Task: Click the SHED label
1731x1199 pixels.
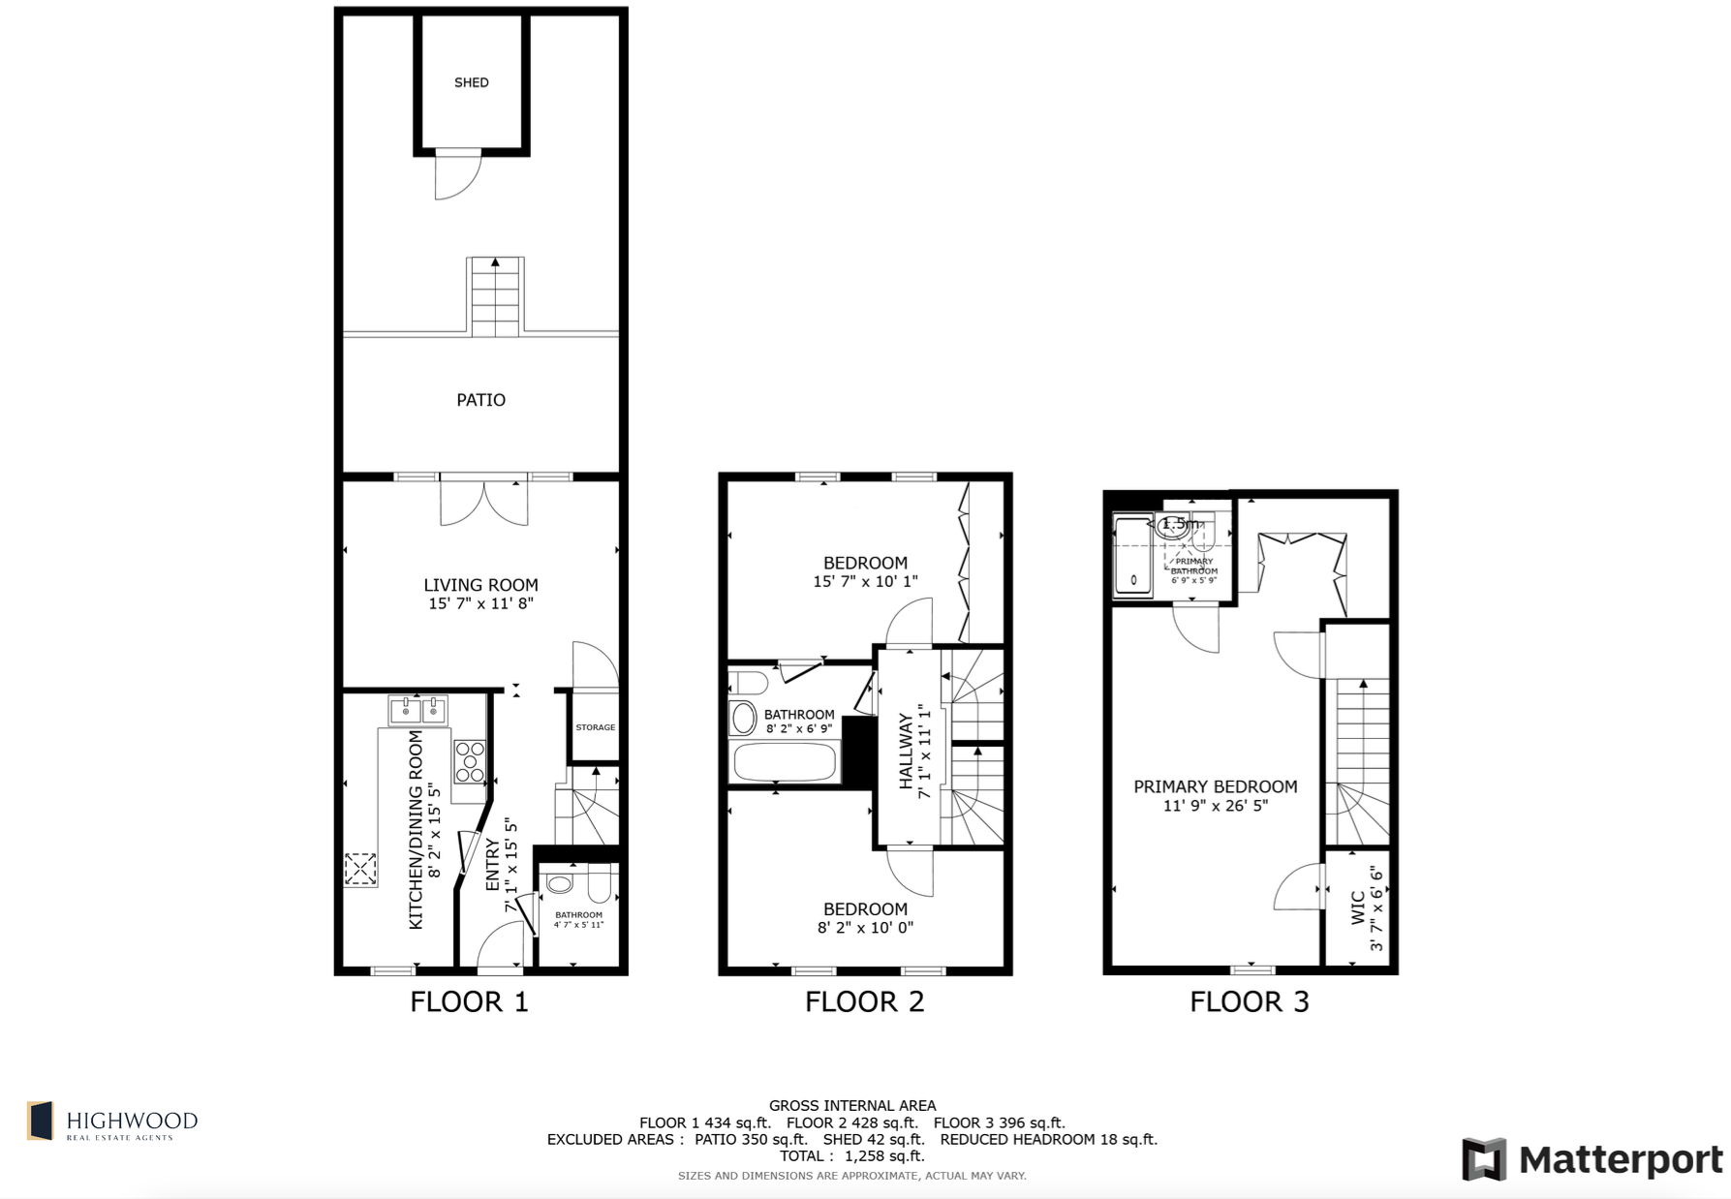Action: pos(472,82)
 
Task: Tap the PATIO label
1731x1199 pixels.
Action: pos(480,400)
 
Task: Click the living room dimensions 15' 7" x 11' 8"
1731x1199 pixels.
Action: pos(480,603)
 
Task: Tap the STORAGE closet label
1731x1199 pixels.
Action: pos(595,727)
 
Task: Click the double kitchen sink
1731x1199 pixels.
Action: pos(417,711)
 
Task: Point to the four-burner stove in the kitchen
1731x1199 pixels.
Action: pos(470,762)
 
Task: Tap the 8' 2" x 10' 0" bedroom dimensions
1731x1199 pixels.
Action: pos(865,928)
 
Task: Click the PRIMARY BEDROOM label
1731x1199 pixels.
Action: pos(1215,786)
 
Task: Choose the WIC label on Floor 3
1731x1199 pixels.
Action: pos(1357,908)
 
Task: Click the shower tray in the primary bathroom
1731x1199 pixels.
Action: pos(1133,558)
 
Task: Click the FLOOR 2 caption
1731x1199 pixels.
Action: pos(864,1001)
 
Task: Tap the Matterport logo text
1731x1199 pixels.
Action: pos(1621,1160)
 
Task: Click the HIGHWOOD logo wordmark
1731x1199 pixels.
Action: pos(132,1122)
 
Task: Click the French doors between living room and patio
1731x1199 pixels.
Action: pos(484,502)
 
